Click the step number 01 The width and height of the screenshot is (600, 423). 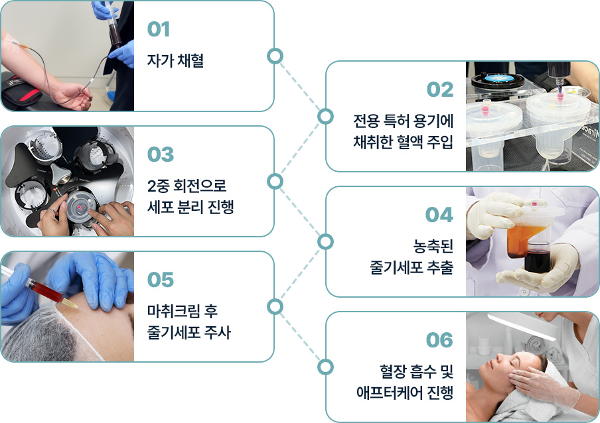pyautogui.click(x=159, y=30)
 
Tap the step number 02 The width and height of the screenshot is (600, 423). pyautogui.click(x=439, y=90)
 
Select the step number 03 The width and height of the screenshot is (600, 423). pyautogui.click(x=160, y=154)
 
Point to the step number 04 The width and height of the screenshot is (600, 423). pyautogui.click(x=439, y=215)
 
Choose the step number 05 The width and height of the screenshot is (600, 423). pyautogui.click(x=160, y=280)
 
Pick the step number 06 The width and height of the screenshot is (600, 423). pyautogui.click(x=439, y=340)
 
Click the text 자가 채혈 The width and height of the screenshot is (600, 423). pyautogui.click(x=175, y=61)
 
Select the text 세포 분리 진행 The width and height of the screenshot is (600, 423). pyautogui.click(x=190, y=207)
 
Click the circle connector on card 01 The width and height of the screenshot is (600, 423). pyautogui.click(x=274, y=56)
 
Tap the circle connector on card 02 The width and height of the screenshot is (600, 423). pyautogui.click(x=325, y=117)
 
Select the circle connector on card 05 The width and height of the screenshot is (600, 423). pyautogui.click(x=274, y=306)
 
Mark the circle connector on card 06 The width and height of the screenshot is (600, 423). pyautogui.click(x=325, y=367)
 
